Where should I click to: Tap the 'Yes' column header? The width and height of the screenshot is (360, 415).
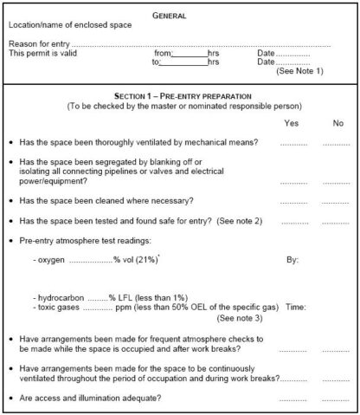[x=292, y=123]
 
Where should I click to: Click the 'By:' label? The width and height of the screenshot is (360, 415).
[x=292, y=258]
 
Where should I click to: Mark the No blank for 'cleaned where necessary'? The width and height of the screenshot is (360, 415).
[x=336, y=201]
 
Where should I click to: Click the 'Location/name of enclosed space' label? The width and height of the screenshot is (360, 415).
[x=70, y=24]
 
